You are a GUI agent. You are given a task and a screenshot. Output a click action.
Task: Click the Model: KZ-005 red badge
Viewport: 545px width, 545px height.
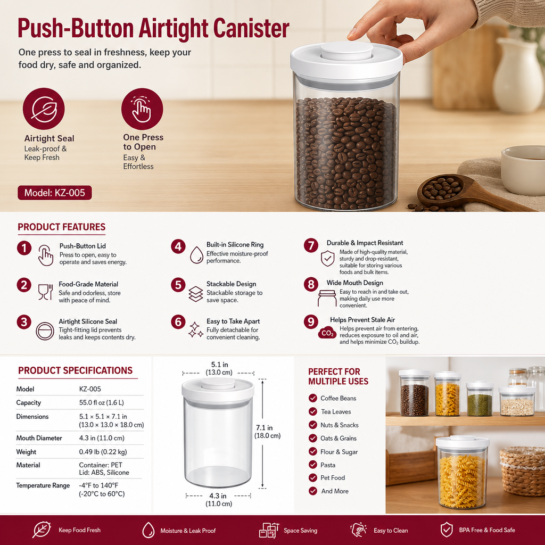[x=55, y=193]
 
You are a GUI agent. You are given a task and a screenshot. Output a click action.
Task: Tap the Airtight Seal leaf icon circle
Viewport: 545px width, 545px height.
[x=44, y=109]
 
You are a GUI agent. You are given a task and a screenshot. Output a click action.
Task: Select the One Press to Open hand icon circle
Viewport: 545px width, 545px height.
[x=142, y=109]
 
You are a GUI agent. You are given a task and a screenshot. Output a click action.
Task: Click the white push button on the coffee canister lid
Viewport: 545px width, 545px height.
[x=346, y=51]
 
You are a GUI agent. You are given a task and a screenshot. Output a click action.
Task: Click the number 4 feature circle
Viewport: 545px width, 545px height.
[x=178, y=247]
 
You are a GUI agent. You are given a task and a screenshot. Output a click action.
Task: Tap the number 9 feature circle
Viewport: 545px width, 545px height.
[x=311, y=322]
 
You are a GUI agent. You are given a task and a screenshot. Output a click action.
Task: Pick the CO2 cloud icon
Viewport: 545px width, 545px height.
[x=327, y=333]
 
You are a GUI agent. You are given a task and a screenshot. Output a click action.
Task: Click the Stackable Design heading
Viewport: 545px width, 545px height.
[x=231, y=284]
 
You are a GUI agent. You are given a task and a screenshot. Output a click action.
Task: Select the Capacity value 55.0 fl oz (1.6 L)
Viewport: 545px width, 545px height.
[x=102, y=402]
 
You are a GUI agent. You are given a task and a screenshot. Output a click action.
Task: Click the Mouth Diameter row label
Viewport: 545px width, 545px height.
[x=39, y=438]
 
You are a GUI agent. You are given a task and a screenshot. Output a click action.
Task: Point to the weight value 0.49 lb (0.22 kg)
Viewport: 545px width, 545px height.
[x=103, y=452]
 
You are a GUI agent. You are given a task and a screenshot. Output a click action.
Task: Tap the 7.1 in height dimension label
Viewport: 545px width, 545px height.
[x=264, y=427]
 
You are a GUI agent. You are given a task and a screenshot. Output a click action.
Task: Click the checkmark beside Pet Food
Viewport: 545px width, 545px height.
[x=313, y=477]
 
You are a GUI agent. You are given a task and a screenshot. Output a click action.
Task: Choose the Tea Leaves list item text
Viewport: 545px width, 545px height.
[x=336, y=411]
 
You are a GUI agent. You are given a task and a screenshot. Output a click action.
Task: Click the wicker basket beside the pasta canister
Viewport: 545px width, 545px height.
[x=522, y=471]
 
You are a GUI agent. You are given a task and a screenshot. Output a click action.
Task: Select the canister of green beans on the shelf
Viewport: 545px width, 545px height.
[x=480, y=399]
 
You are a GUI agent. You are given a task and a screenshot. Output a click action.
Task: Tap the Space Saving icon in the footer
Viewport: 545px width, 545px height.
[x=269, y=531]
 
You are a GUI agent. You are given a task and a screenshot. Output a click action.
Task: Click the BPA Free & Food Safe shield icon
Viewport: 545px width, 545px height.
[x=447, y=530]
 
